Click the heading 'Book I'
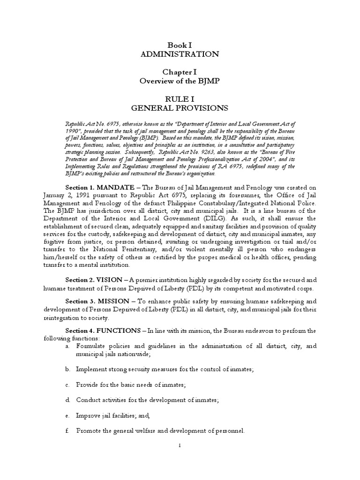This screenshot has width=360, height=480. [x=180, y=45]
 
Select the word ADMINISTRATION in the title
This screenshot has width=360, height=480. [x=180, y=54]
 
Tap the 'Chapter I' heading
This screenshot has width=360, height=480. [x=180, y=71]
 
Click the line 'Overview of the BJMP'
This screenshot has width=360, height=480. [x=180, y=81]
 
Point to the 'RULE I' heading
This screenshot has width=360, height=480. [x=180, y=98]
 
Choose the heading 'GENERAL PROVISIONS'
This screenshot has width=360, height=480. [x=180, y=108]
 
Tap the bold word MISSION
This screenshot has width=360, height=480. [x=113, y=301]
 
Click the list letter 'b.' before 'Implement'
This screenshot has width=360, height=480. [x=68, y=369]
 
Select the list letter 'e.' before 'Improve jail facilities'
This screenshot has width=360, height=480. [x=68, y=415]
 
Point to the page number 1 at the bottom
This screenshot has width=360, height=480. [x=180, y=458]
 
